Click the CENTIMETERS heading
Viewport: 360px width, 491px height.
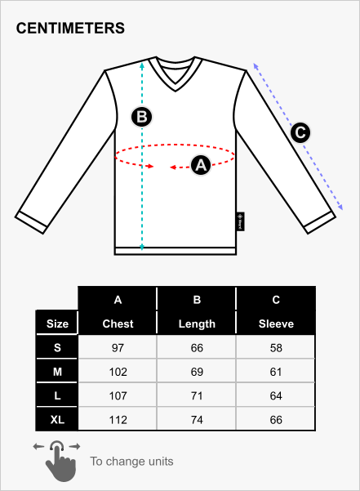(x=70, y=28)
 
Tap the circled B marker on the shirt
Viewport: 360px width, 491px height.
(x=142, y=117)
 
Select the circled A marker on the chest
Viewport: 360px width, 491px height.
(x=201, y=165)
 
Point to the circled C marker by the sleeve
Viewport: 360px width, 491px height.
(x=300, y=132)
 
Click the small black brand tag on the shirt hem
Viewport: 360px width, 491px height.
(x=240, y=221)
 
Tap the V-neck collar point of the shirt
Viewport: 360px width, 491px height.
(x=176, y=91)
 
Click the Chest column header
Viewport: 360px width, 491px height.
(x=118, y=324)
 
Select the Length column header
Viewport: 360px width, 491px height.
(x=197, y=324)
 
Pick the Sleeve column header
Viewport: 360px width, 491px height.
(x=276, y=324)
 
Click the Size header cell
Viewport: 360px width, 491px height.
(x=57, y=324)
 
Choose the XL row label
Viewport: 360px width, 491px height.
(x=57, y=420)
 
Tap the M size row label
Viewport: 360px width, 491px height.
(x=57, y=372)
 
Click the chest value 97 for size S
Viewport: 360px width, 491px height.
(x=118, y=348)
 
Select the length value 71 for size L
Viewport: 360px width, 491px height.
(x=197, y=395)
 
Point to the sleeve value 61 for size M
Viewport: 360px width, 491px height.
(x=276, y=372)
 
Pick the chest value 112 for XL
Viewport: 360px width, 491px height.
(x=118, y=420)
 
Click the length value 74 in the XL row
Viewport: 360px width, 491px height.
(x=197, y=420)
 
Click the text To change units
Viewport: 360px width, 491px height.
(x=131, y=462)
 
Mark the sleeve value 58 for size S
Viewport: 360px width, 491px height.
(x=276, y=348)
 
